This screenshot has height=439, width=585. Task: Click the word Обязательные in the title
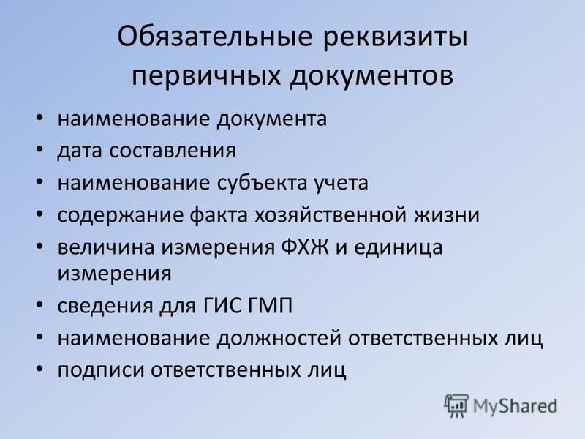(x=214, y=36)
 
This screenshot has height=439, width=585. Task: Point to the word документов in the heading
(x=371, y=77)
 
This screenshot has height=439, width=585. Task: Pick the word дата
(x=80, y=151)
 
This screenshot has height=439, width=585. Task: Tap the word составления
(x=173, y=151)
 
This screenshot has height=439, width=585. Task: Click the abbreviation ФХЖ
(x=305, y=247)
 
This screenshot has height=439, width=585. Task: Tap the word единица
(x=398, y=248)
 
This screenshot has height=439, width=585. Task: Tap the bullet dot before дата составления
(x=39, y=150)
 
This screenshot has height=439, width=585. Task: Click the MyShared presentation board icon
(x=456, y=405)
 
